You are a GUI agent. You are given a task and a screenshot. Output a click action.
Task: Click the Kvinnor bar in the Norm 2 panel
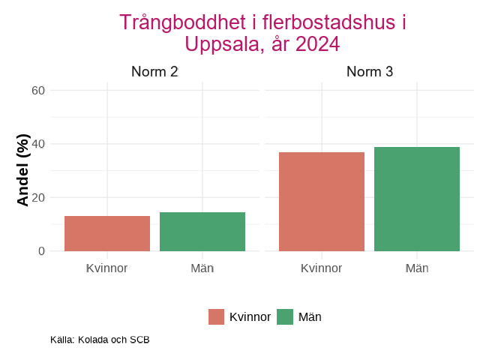tap(107, 233)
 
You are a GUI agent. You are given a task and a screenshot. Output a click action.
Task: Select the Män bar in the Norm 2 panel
tap(202, 232)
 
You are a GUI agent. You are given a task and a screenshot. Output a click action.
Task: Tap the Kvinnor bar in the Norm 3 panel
tap(322, 202)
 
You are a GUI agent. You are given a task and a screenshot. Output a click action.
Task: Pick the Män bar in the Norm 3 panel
tap(417, 199)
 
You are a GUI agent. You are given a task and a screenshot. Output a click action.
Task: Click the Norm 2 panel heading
tap(154, 73)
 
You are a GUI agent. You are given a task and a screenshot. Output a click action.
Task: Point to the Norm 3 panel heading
tap(370, 73)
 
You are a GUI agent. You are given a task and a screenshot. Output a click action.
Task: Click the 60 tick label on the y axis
tap(38, 91)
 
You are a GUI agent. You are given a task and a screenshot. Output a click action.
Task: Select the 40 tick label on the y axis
tap(38, 144)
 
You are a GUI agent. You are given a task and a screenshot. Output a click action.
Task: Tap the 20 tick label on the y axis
tap(38, 198)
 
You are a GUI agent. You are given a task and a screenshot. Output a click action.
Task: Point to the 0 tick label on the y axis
tap(42, 251)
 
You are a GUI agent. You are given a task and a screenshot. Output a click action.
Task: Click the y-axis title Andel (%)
tap(23, 170)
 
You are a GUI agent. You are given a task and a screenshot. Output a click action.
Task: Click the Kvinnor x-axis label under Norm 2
tap(107, 268)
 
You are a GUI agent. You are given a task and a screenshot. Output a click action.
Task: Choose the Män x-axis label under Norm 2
tap(202, 268)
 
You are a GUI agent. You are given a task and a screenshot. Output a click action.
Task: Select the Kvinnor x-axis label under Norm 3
tap(322, 268)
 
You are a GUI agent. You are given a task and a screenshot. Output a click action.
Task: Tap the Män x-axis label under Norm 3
tap(417, 268)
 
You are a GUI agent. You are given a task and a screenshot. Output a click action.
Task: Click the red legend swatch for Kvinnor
tap(217, 317)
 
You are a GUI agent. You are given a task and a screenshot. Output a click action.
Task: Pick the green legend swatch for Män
tap(285, 317)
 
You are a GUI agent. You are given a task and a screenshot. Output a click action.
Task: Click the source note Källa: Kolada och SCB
tap(100, 340)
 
